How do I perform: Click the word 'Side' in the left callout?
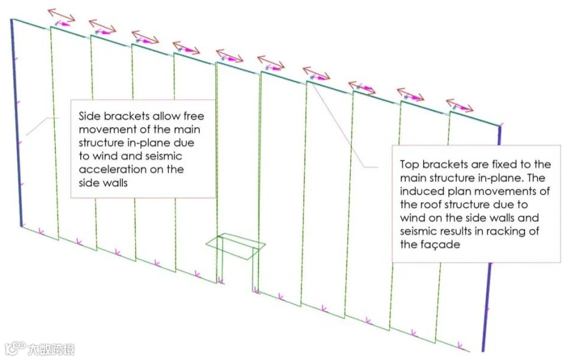pos(89,116)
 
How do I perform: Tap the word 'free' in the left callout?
pos(186,116)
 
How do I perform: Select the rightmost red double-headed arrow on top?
pos(459,105)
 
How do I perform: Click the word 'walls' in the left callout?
pos(114,183)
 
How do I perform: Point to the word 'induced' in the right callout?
pos(417,191)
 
